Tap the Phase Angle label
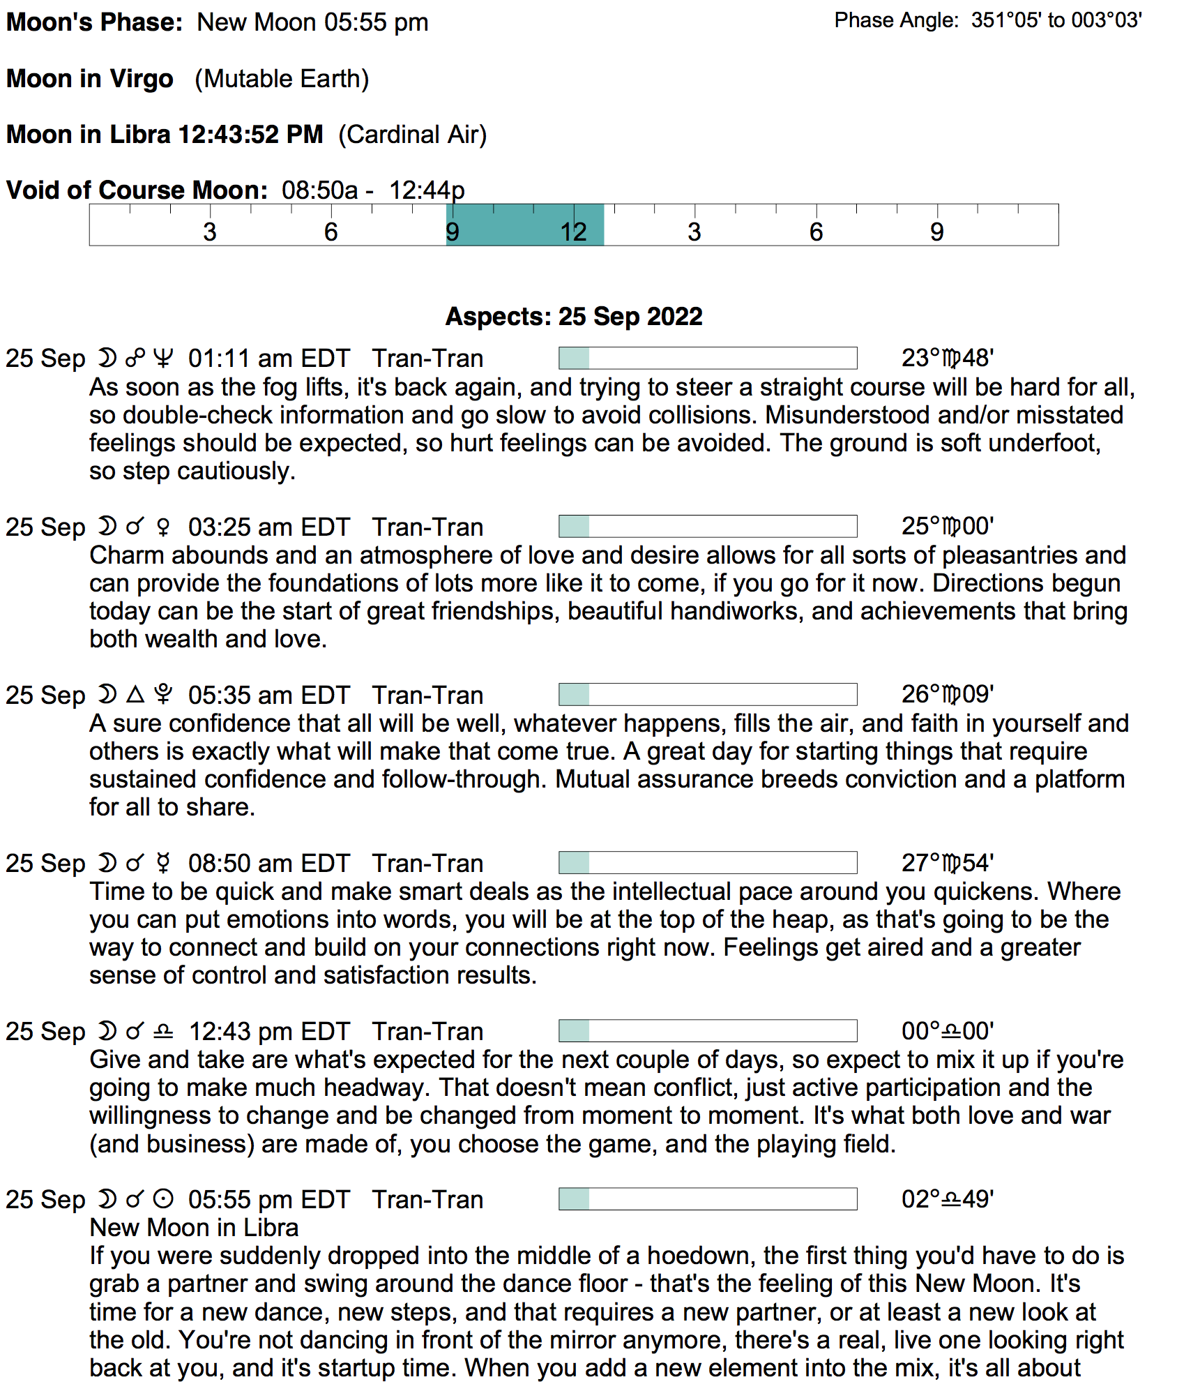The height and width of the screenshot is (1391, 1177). (x=896, y=20)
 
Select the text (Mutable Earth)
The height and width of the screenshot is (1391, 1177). (x=282, y=79)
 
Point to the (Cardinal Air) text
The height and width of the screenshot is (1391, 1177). (x=412, y=134)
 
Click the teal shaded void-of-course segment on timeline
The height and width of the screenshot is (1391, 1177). (x=524, y=225)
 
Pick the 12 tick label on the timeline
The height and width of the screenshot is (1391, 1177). (x=573, y=232)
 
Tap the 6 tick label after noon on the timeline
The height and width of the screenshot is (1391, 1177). (x=816, y=232)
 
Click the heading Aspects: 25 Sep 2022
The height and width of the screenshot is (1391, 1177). (x=573, y=316)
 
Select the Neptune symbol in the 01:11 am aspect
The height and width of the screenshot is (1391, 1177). (x=163, y=358)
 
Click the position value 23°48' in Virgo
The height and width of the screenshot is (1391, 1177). (x=947, y=358)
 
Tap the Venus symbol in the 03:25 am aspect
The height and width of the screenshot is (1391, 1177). (x=163, y=527)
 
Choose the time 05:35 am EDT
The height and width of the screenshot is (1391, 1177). (x=268, y=695)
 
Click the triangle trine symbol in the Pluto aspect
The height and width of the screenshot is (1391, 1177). (x=135, y=694)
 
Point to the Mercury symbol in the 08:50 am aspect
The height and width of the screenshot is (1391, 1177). (x=163, y=863)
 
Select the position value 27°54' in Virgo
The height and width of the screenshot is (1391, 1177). (x=947, y=863)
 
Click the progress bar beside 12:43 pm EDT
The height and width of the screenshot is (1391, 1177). (x=707, y=1030)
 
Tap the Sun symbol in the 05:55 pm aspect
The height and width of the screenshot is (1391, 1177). (x=163, y=1199)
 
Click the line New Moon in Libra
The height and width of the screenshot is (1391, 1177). (x=194, y=1227)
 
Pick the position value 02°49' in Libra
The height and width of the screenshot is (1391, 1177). (x=947, y=1199)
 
